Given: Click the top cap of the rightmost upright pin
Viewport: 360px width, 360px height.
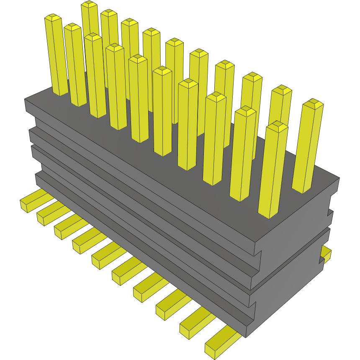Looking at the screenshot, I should (x=313, y=103).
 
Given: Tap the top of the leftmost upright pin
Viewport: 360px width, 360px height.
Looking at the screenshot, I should (x=54, y=18).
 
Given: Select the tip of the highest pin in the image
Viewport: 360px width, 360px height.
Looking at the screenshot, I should (x=89, y=4).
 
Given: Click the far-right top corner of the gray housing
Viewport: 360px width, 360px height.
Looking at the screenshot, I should (x=339, y=178).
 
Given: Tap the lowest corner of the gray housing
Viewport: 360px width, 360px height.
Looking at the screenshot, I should (x=247, y=337).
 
